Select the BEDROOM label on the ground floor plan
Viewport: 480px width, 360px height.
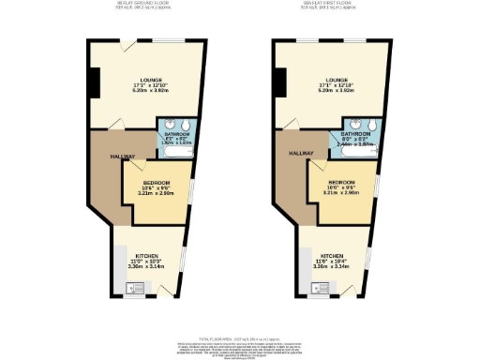pyautogui.click(x=157, y=182)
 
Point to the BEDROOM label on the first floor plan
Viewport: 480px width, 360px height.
pyautogui.click(x=341, y=183)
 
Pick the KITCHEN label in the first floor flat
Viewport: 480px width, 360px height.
pyautogui.click(x=331, y=255)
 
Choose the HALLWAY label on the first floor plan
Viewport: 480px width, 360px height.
pyautogui.click(x=300, y=152)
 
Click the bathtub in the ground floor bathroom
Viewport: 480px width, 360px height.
pyautogui.click(x=176, y=149)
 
